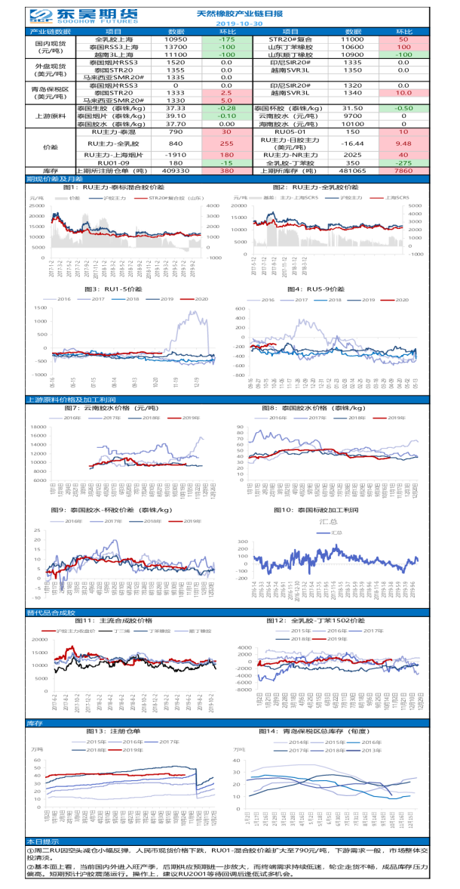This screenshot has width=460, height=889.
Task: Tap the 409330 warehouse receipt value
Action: (175, 171)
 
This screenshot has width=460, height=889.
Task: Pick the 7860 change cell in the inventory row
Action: (403, 171)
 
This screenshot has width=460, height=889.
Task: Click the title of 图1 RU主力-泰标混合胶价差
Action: (113, 186)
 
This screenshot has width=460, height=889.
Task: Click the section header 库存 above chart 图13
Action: (35, 722)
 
